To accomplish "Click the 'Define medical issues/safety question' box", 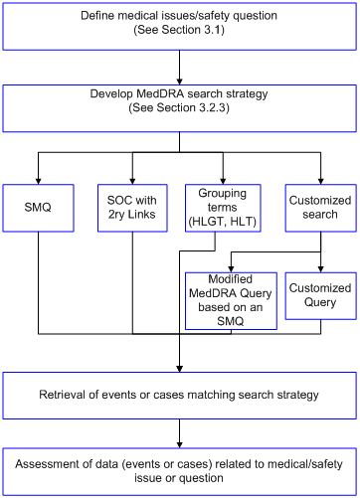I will coord(180,25).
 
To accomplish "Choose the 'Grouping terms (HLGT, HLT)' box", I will coord(223,208).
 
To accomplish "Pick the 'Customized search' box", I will coord(319,208).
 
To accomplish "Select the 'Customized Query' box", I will coord(319,295).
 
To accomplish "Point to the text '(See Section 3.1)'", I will coord(180,32).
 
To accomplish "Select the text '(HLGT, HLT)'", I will coord(223,222).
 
